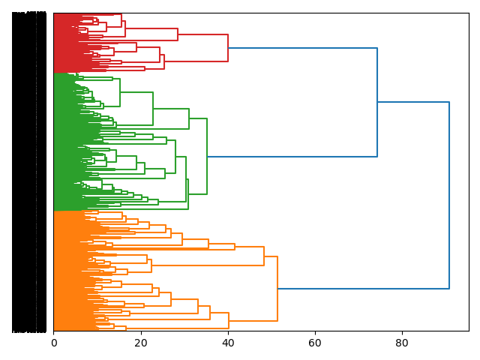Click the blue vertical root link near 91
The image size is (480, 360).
pos(449,195)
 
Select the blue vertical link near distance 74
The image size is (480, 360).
pos(377,102)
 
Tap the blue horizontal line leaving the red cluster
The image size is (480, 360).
pos(302,48)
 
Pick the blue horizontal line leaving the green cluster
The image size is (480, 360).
pos(292,157)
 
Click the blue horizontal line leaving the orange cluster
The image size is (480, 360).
pos(363,289)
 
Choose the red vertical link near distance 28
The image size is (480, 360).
pos(178,34)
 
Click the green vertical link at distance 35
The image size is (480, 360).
pos(207,156)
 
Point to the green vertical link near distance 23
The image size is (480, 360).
pos(153,109)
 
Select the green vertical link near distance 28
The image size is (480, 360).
pos(175,157)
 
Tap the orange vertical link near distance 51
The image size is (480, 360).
pos(277,289)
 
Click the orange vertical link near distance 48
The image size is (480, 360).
pos(264,256)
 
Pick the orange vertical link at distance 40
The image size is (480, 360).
pos(229,321)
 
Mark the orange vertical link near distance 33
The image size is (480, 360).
pos(198,307)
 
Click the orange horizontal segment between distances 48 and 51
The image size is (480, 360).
pos(271,256)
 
